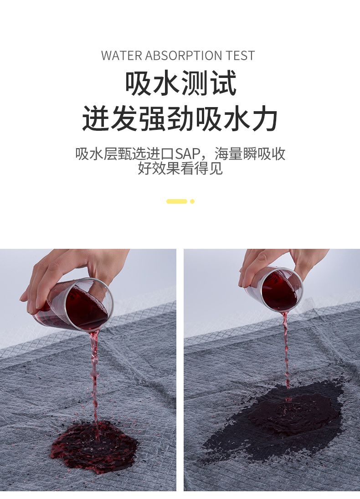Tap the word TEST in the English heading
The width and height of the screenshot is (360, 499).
coord(240,56)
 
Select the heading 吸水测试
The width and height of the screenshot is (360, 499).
coord(180,84)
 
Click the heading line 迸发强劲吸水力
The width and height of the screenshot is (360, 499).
coord(180,118)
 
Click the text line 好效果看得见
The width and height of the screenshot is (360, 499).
coord(180,168)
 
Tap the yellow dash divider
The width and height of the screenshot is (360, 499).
coord(177,201)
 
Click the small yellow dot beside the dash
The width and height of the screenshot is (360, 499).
coord(192,201)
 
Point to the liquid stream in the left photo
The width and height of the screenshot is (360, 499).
coord(94,379)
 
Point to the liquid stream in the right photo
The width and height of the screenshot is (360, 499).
coord(286,350)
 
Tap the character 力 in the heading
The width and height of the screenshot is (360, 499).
coord(264,118)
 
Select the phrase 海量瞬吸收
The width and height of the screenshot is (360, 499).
coord(250,154)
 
